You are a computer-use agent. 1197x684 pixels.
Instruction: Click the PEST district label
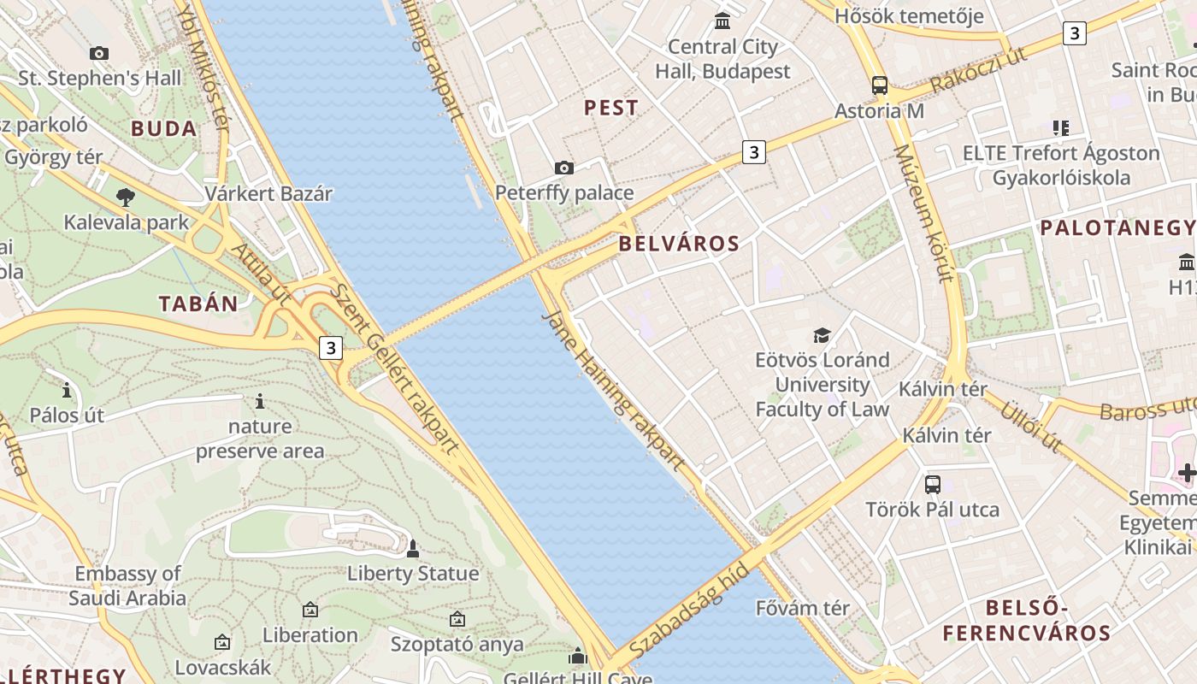click(x=610, y=108)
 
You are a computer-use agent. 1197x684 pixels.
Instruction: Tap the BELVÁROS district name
click(x=679, y=244)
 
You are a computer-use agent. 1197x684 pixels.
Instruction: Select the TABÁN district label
click(x=198, y=304)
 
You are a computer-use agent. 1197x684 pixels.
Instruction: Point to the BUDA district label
click(x=164, y=129)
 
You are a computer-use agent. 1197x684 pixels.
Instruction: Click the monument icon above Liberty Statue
click(x=413, y=549)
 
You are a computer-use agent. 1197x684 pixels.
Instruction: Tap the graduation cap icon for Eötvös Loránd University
click(x=822, y=335)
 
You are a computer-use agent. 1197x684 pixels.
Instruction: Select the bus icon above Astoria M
click(x=879, y=85)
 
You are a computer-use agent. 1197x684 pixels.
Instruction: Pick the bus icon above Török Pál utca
click(x=932, y=485)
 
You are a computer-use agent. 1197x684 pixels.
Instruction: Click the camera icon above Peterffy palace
click(x=564, y=168)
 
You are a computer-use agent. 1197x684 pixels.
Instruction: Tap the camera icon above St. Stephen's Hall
click(x=99, y=54)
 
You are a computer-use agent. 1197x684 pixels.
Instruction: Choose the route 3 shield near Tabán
click(x=331, y=348)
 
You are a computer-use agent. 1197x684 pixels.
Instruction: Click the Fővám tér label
click(x=803, y=609)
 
